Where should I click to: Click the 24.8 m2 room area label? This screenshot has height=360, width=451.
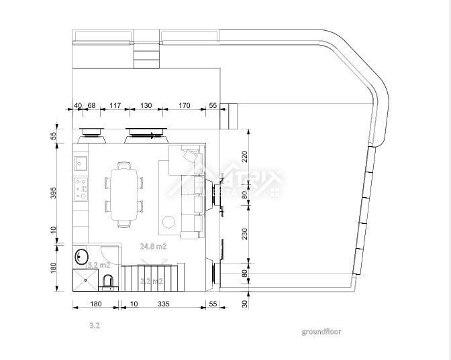coord(153,246)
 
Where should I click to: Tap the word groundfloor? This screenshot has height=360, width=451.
coord(321,331)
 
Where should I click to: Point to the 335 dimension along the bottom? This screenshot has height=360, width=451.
coord(163,304)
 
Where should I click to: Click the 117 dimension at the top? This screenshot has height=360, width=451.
coord(115,105)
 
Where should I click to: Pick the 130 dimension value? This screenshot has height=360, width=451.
coord(146,105)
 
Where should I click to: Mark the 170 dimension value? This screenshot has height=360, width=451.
coord(185,105)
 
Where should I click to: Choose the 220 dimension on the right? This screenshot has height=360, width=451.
coord(245,157)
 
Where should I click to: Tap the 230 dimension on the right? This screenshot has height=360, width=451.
coord(245,233)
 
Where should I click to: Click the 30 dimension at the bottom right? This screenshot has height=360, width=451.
coord(245,304)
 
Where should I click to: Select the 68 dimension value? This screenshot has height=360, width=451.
coord(91,105)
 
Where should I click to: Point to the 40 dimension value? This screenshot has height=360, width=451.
coord(78,105)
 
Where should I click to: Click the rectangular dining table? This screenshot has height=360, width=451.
coord(123,194)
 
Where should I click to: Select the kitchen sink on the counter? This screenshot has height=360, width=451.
coord(81,162)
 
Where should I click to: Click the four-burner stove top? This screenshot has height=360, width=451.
coord(81,188)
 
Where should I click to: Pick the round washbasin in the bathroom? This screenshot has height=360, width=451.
coord(82,256)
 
